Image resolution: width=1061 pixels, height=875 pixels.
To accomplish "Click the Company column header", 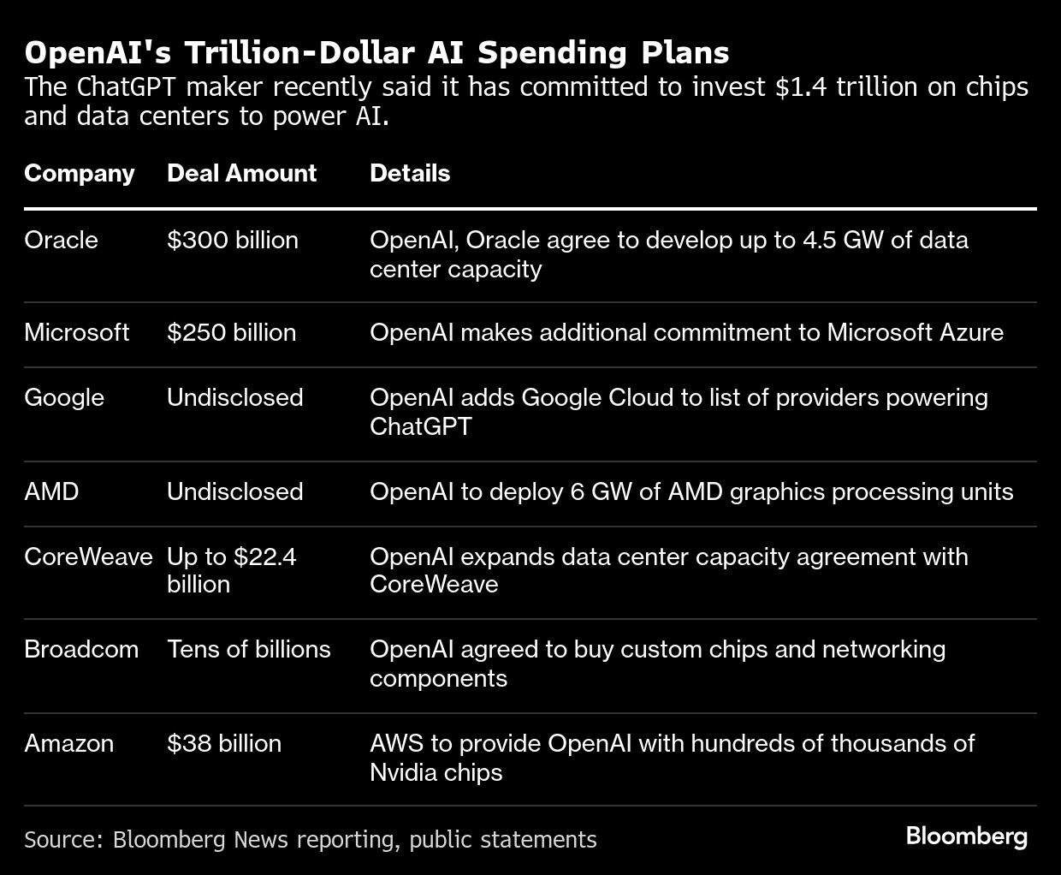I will pos(79,173).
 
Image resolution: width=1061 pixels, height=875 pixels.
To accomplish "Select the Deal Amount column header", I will pos(241,173).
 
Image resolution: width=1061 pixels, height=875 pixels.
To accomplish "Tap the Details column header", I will pos(409,173).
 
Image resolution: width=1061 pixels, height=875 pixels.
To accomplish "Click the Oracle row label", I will pos(61,240).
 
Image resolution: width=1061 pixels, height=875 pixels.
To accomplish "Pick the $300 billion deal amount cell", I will pos(232,240).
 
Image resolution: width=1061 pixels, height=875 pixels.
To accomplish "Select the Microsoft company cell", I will pos(76,332).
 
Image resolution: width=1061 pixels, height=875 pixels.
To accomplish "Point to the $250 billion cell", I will pos(231,332).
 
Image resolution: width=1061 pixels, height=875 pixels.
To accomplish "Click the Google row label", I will pos(63,397).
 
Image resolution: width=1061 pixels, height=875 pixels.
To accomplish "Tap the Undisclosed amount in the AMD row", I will pos(234,491).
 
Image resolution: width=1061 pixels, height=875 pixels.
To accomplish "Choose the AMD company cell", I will pos(50,491).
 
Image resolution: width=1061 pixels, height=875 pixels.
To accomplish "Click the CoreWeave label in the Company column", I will pos(88,557).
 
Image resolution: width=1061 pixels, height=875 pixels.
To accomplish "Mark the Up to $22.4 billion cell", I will pos(230,570).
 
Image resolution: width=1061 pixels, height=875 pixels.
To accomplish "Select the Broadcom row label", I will pos(80,649).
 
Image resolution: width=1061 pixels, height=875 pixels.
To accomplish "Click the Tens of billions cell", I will pos(248,649).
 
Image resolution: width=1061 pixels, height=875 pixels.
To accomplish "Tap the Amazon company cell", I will pos(68,743).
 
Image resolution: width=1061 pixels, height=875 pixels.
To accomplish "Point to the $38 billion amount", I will pos(223,743).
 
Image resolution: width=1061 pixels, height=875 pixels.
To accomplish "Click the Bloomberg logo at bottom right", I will pos(966,836).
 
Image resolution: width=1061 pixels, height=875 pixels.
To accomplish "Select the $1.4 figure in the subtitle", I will pos(801,87).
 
